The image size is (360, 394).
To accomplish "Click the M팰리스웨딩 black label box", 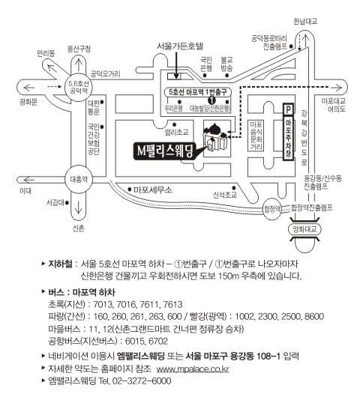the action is pos(164,151).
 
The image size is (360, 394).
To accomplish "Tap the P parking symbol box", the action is pos(288,109).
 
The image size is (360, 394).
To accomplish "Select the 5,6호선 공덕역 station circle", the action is pos(79,87).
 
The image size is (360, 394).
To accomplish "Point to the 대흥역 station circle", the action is pos(79,179).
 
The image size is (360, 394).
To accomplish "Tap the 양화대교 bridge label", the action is pos(304,229).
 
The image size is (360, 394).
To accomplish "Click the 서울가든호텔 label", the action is pos(179,46).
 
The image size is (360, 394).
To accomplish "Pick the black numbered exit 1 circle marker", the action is pos(211,100).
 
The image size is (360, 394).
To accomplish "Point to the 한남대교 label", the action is pos(305,22).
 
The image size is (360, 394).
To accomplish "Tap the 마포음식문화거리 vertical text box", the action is pos(256,136).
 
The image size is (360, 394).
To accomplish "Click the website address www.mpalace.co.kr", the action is pos(193,369).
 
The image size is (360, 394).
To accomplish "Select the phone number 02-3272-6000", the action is pos(142,381).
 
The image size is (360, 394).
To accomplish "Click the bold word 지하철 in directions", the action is pos(60,264).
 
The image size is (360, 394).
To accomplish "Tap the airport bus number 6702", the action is pos(157,342).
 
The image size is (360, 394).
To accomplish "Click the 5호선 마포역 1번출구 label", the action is pos(197,92).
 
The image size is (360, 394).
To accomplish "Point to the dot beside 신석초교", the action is pos(234,188).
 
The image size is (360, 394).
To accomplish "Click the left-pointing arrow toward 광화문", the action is pos(29,88).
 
